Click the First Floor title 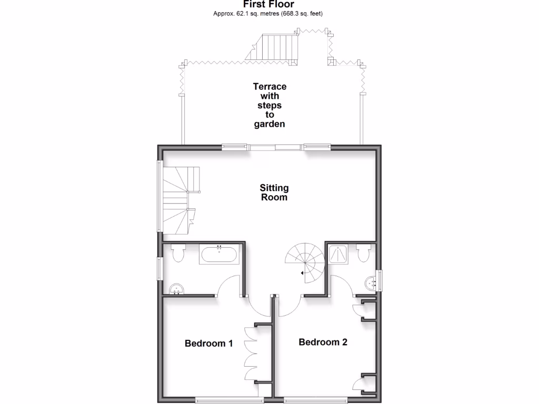268,4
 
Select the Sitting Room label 274,193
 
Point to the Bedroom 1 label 208,344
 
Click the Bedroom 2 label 323,342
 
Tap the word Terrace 269,87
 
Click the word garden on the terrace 269,125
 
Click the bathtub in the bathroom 219,255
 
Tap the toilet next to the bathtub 177,252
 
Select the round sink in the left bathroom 176,289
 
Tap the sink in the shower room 372,282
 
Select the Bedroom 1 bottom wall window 222,400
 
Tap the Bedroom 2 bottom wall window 315,400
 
